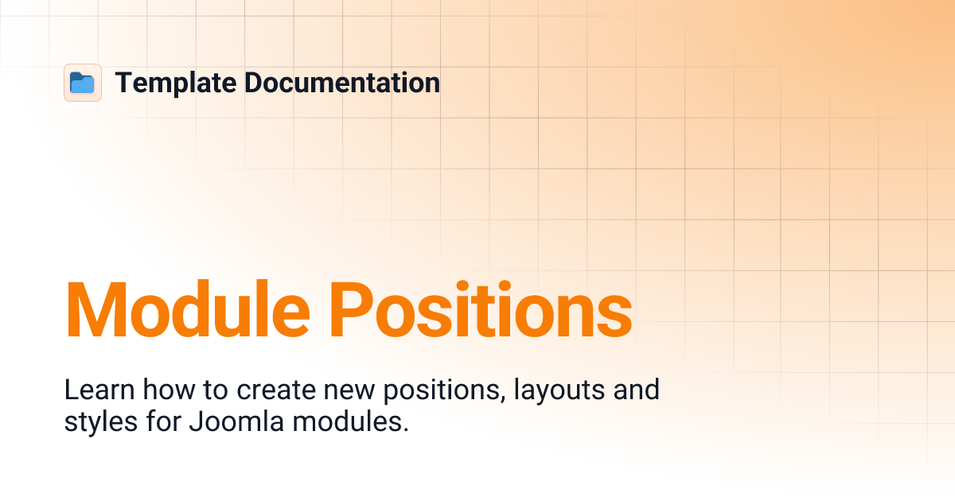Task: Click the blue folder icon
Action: tap(82, 83)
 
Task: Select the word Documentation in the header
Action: tap(342, 83)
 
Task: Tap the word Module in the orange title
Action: tap(185, 309)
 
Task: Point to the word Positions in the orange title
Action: tap(482, 309)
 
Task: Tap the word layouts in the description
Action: tap(559, 390)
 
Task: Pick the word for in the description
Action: tap(163, 422)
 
